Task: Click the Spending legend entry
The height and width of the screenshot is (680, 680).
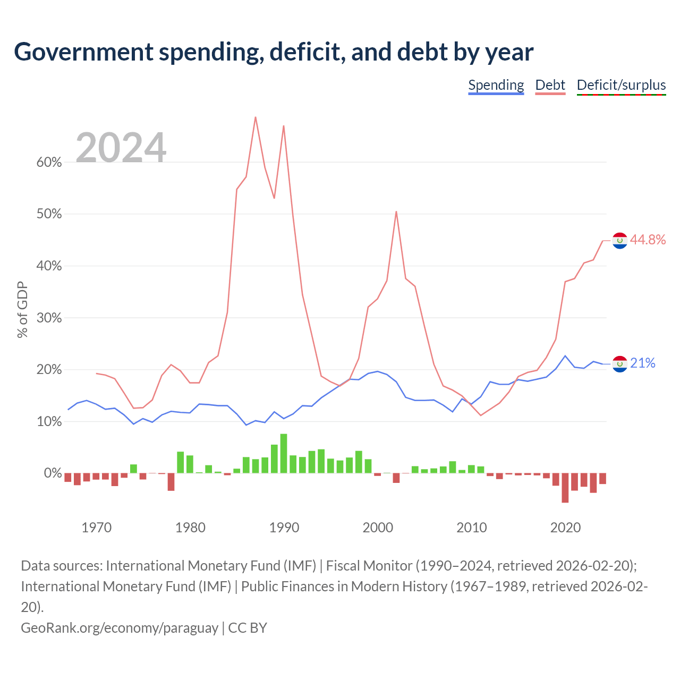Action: tap(496, 86)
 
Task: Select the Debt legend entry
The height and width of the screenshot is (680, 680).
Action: tap(550, 86)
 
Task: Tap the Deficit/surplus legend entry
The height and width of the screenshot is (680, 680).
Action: tap(621, 86)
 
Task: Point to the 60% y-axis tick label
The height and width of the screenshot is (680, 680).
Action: tap(49, 163)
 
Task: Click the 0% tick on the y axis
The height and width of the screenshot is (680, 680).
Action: tap(53, 473)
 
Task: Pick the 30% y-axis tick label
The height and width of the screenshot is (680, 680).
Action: tap(49, 318)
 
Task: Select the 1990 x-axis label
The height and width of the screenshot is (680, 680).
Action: tap(284, 528)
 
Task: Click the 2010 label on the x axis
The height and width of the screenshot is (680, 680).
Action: tap(471, 528)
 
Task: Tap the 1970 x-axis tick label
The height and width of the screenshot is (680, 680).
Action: tap(96, 528)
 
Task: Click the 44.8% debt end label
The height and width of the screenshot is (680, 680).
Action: tap(648, 240)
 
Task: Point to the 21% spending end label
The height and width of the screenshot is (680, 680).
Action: tap(643, 363)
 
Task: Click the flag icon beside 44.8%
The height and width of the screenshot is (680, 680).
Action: tap(619, 241)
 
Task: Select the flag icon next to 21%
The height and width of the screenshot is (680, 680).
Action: tap(619, 364)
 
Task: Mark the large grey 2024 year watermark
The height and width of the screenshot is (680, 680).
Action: tap(121, 147)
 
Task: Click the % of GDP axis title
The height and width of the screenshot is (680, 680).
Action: tap(22, 310)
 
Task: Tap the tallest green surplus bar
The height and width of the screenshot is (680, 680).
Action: tap(284, 453)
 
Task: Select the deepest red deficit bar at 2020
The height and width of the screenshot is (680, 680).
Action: tap(565, 488)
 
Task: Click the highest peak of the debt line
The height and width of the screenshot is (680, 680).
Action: tap(256, 117)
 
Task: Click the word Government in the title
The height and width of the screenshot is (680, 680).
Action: tap(83, 52)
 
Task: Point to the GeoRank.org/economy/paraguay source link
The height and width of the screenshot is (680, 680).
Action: tap(120, 628)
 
